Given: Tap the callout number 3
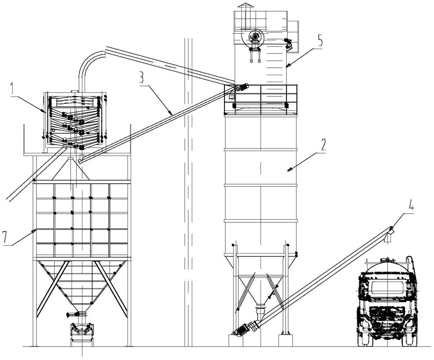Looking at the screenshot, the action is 141,78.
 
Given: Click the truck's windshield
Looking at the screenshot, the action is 387,288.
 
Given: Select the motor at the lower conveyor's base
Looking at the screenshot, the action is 241,329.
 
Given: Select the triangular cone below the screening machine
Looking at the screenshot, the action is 71,169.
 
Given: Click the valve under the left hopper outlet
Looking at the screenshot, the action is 76,314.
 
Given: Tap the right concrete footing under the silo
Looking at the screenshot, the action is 285,340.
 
